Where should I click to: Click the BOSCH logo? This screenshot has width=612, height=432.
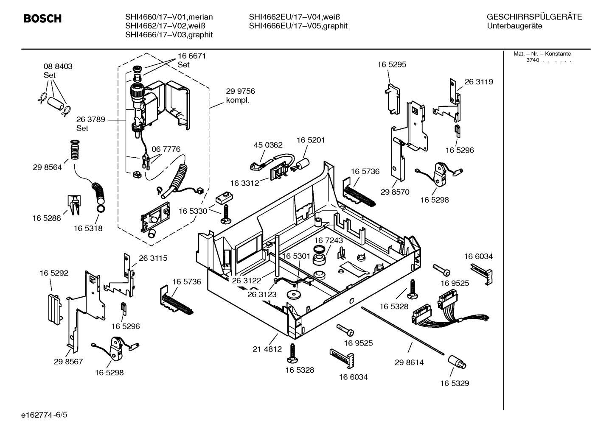click(x=42, y=19)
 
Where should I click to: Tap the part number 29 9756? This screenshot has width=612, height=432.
click(x=240, y=92)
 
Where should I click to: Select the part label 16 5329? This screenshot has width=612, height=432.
click(x=454, y=383)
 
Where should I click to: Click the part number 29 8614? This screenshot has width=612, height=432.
click(x=409, y=362)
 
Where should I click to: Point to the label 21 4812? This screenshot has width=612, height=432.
click(x=267, y=349)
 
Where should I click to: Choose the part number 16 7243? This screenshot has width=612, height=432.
click(x=328, y=240)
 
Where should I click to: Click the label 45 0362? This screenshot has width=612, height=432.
click(x=268, y=145)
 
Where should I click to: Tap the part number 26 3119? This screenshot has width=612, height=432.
click(x=479, y=82)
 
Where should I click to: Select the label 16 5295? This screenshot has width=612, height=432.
click(x=392, y=64)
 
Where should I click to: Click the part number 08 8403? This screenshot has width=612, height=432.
click(x=58, y=67)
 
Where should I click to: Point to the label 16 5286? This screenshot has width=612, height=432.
click(x=47, y=218)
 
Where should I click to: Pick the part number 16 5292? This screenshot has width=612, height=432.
click(x=54, y=273)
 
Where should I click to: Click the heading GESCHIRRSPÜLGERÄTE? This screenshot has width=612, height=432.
click(x=534, y=17)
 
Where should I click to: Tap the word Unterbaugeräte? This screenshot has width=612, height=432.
click(x=514, y=26)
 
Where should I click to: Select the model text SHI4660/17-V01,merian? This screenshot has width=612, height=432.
click(x=169, y=17)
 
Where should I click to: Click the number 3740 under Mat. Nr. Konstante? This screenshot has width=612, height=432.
click(x=532, y=60)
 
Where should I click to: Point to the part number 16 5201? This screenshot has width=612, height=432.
click(x=311, y=140)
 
